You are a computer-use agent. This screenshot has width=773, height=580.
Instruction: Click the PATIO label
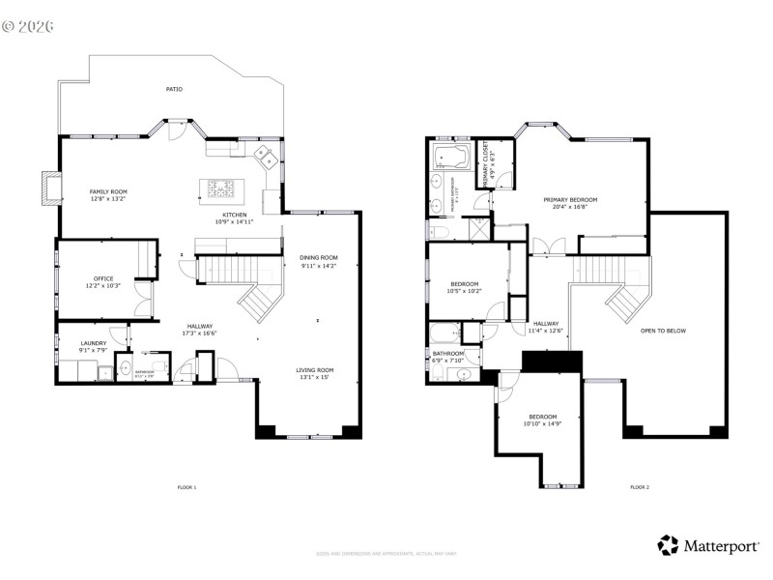[173, 89]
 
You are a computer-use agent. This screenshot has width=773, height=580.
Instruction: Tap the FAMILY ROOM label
[108, 192]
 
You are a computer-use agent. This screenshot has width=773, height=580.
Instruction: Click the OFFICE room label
[103, 279]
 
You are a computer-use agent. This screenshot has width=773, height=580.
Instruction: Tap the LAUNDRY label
[93, 343]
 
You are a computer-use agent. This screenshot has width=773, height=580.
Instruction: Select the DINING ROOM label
[319, 257]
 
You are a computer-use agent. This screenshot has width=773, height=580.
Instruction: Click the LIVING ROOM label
[315, 370]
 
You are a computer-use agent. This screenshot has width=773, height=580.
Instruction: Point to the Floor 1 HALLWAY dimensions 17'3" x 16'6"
[200, 333]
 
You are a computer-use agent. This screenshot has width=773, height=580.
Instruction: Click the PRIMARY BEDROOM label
[575, 200]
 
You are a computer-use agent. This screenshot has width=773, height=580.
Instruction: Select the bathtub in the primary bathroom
[451, 156]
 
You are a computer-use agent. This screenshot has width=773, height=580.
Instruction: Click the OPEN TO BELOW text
[663, 331]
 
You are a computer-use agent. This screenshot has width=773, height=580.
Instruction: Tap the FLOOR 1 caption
[186, 487]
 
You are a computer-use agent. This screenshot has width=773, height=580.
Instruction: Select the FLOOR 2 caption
[639, 487]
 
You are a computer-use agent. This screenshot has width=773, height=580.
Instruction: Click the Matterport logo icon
[668, 545]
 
